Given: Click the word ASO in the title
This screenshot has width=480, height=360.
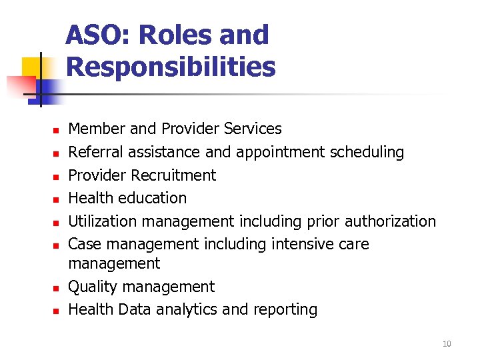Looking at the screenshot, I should coord(92,35).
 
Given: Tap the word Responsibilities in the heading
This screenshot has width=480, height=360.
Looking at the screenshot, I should coord(171,67).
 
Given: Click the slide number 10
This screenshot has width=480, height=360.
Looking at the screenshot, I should coord(447,344).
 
